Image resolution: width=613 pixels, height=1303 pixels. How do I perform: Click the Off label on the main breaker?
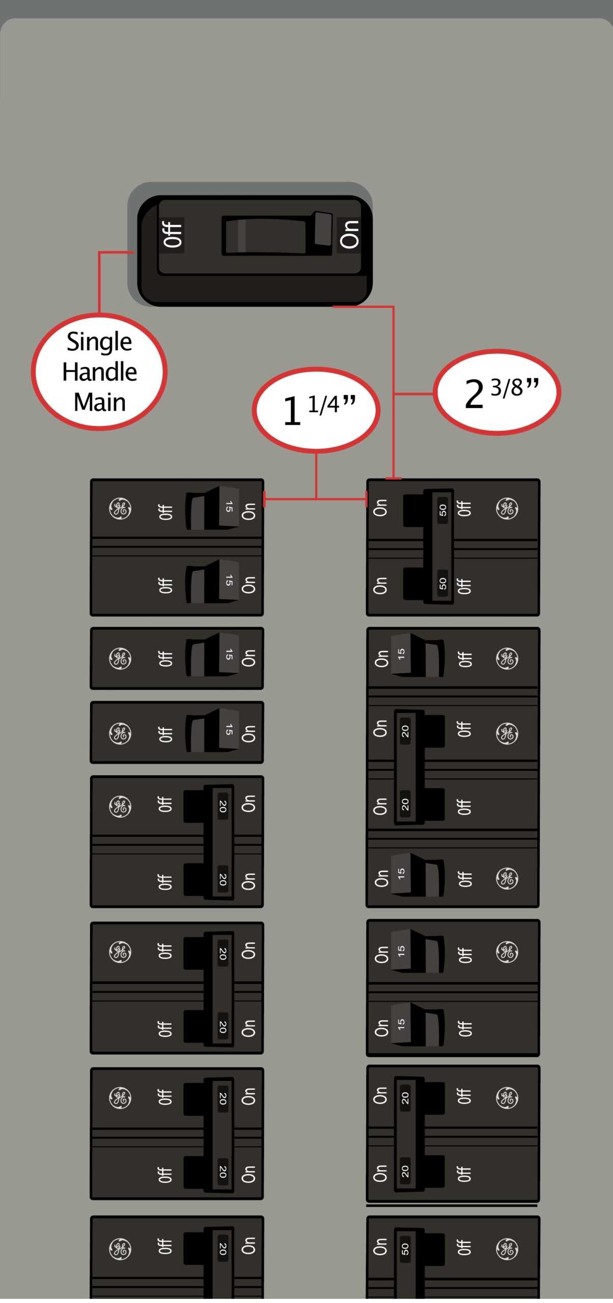point(173,235)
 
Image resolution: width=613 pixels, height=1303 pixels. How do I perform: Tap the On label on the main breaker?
point(349,235)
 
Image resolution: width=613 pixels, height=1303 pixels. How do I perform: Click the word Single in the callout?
point(99,342)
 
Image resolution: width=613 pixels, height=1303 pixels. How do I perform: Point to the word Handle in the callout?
point(100,372)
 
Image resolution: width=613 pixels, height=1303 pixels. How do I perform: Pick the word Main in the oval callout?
point(100,402)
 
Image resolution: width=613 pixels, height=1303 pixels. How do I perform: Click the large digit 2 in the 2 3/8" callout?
point(474,394)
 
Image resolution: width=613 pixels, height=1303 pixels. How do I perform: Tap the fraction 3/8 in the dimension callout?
point(507,388)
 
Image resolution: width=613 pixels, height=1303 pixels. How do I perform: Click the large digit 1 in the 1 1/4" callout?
point(292,411)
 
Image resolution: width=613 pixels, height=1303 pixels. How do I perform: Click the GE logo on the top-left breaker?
point(120,509)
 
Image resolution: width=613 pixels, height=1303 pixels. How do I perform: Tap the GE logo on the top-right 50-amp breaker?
point(507,509)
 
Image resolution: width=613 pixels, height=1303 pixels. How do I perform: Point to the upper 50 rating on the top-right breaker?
point(443,510)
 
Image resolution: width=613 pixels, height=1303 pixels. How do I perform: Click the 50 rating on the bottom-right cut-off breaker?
point(405,1249)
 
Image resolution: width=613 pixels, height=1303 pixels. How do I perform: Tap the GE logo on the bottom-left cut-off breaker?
point(120,1249)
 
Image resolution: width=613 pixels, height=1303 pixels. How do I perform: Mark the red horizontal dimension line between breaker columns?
point(316,498)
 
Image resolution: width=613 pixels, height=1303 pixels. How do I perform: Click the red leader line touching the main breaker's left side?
point(99,282)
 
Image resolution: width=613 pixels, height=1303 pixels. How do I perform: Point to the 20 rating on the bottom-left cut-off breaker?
point(222,1248)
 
